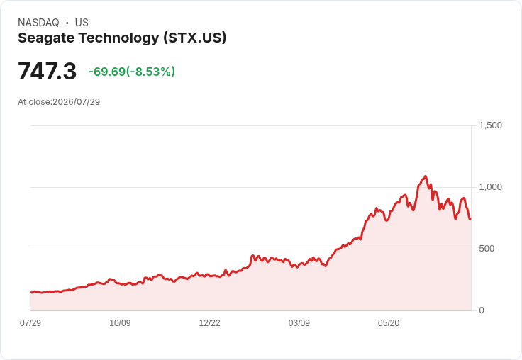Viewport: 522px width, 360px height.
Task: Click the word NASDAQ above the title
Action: pos(38,23)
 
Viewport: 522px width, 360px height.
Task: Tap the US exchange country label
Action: pos(82,23)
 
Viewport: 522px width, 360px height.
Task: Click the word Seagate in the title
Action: pos(46,38)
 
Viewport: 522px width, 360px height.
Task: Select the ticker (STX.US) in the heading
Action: pos(195,38)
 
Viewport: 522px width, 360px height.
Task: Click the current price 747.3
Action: pos(48,71)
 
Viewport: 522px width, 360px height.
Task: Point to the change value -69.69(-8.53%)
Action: pos(132,72)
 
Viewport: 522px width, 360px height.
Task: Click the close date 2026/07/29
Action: pos(76,102)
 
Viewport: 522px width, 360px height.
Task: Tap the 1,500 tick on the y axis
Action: pos(490,125)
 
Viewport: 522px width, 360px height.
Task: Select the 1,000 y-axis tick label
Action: pos(490,187)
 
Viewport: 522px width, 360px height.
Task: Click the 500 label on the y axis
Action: pos(487,249)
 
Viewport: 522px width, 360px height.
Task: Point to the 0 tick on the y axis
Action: pos(482,310)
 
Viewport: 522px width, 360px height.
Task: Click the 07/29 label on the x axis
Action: pos(30,323)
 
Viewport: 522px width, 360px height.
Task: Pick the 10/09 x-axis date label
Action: pos(120,323)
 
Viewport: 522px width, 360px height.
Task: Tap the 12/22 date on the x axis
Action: pos(209,323)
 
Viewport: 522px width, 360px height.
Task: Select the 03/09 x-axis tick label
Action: pos(299,323)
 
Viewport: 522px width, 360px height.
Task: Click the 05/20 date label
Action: pos(389,323)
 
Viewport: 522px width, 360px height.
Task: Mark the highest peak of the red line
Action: pos(425,176)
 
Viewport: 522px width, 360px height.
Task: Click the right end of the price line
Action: pos(470,218)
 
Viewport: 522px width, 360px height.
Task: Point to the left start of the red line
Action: pos(31,293)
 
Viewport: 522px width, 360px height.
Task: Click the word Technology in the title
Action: pos(119,38)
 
